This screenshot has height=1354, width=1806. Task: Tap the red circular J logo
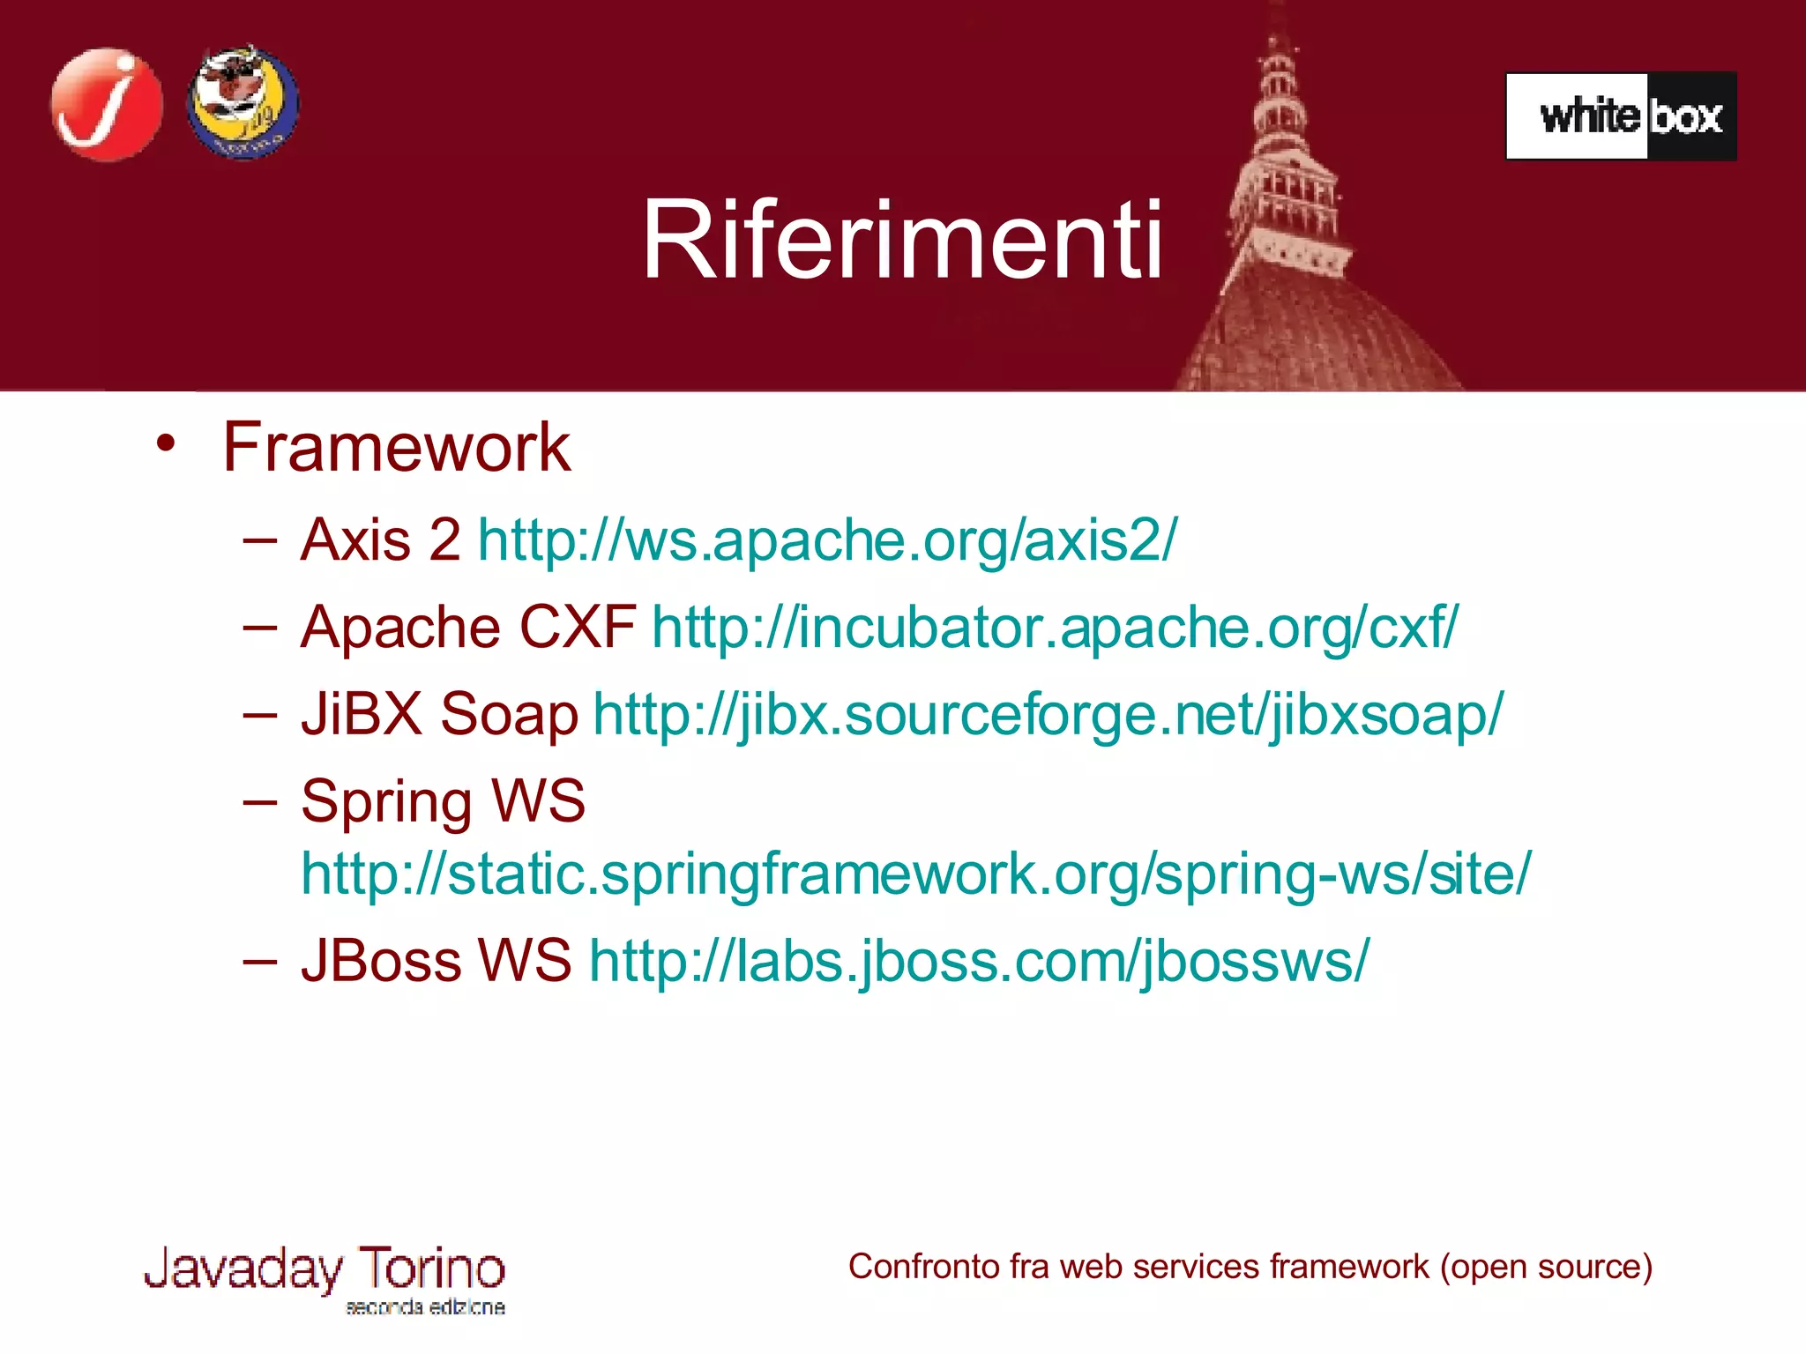(x=107, y=105)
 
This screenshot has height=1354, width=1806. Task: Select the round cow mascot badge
(x=243, y=102)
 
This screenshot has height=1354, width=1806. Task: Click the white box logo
(x=1621, y=116)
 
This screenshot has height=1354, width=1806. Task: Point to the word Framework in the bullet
(x=396, y=447)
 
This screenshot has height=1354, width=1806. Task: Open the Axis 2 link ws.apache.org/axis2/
(x=827, y=539)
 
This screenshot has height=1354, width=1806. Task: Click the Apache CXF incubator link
(x=1055, y=628)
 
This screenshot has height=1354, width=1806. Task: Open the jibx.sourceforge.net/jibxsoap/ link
(x=1048, y=714)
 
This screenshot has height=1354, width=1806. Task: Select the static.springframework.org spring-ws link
(x=915, y=874)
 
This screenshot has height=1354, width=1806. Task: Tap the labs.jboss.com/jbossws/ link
(x=979, y=960)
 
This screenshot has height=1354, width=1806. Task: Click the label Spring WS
(x=443, y=801)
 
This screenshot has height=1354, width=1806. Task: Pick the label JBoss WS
(x=436, y=960)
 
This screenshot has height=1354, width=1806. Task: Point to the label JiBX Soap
(x=439, y=714)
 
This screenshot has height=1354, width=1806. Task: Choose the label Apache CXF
(x=467, y=628)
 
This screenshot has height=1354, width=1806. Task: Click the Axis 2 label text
(x=380, y=539)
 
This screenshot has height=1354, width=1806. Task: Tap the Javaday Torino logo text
(x=325, y=1269)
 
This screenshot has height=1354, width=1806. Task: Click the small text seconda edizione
(x=425, y=1307)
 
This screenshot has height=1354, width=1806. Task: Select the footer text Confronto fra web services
(x=1250, y=1267)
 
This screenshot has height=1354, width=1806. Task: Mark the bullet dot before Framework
(x=165, y=443)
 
